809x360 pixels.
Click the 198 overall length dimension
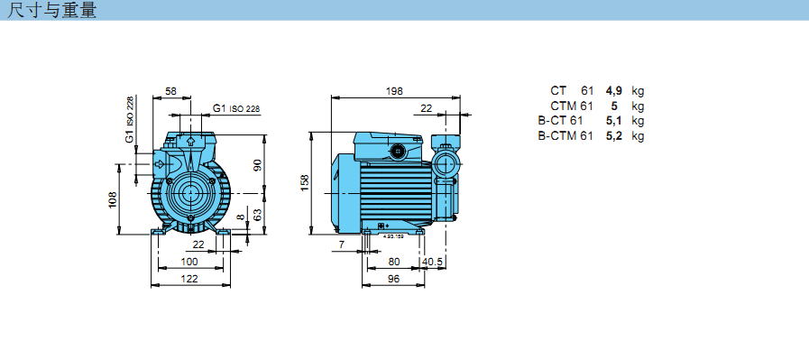pos(394,91)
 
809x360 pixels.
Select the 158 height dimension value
pos(304,183)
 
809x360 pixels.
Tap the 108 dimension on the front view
pos(113,199)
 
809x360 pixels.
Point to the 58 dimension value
pos(170,91)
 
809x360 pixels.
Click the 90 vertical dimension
pos(258,165)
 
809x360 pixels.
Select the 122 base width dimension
pos(189,279)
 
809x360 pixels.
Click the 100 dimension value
pos(189,262)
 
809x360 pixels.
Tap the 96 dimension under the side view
pos(393,279)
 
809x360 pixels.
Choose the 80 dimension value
pos(393,262)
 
